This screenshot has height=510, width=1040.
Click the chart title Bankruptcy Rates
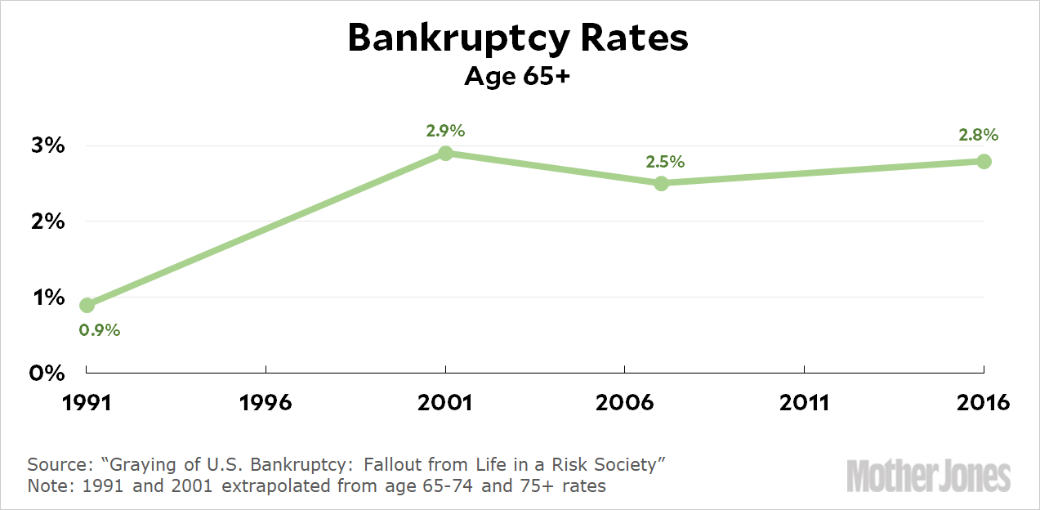519,38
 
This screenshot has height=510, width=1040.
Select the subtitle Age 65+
519,77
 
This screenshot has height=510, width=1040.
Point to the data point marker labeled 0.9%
87,306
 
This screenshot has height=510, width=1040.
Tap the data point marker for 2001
445,154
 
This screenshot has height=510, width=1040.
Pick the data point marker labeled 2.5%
662,183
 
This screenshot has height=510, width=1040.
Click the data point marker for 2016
984,161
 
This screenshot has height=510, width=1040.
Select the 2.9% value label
445,131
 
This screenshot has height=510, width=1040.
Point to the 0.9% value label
100,331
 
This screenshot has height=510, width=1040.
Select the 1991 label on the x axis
87,403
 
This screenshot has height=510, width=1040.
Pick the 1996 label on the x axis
266,403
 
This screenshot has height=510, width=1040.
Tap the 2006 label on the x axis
625,403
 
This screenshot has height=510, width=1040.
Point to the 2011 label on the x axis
805,403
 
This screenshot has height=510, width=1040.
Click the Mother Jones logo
929,476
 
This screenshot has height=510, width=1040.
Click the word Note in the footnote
47,485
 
